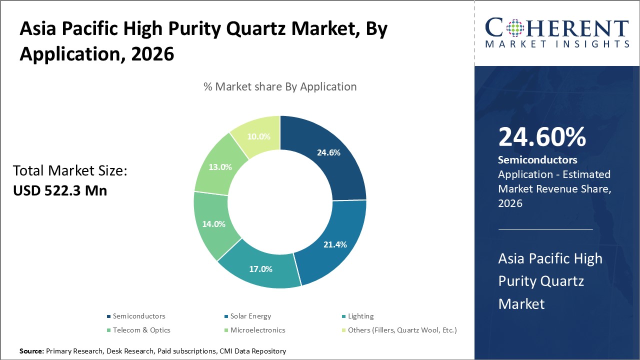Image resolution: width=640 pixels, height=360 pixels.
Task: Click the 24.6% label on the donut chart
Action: pos(328,152)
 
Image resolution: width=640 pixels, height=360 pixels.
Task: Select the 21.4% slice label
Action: pos(335,244)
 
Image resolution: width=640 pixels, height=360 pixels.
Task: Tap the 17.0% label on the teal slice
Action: pos(260,269)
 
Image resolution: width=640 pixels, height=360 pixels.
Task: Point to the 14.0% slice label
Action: pos(213,224)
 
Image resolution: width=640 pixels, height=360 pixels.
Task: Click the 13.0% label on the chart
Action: pos(220,167)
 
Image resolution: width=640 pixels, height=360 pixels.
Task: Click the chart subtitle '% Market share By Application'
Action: pos(280,86)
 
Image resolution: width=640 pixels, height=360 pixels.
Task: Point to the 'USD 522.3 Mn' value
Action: pos(60,190)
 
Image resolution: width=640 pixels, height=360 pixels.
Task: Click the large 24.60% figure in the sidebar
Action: pos(542,137)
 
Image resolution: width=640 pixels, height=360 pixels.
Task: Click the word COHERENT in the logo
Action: pos(557,28)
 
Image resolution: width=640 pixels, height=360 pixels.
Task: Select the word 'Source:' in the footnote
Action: pos(31,351)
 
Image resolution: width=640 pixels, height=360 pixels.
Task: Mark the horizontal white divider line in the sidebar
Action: pos(545,230)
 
